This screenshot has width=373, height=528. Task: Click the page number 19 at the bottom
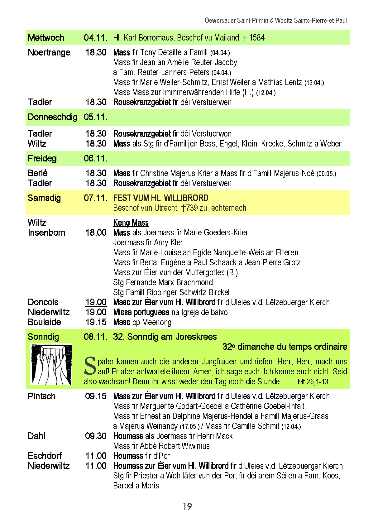coord(187,506)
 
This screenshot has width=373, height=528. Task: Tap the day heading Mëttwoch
coord(46,38)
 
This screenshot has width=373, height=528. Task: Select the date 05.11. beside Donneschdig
coord(95,117)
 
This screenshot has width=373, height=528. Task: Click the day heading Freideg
coord(42,158)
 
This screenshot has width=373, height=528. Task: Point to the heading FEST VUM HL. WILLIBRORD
coord(161,198)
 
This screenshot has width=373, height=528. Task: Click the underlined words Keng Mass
coord(131,223)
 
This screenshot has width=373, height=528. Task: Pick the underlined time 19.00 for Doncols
coord(96,302)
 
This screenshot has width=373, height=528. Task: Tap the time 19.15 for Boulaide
coord(96,322)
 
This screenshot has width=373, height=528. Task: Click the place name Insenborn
coord(46,233)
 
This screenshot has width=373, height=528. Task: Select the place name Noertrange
coord(49,52)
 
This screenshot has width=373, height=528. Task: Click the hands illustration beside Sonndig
coord(51,364)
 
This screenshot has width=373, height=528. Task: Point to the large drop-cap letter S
coord(90,366)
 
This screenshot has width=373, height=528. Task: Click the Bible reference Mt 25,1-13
coord(313,382)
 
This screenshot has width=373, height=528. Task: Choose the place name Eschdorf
coord(45,456)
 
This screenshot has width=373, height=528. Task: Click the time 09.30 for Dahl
coord(96,436)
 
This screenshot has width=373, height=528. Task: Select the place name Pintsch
coord(41,396)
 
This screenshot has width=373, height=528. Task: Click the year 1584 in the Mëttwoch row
coord(257,38)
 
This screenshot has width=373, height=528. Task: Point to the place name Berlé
coord(38,173)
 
